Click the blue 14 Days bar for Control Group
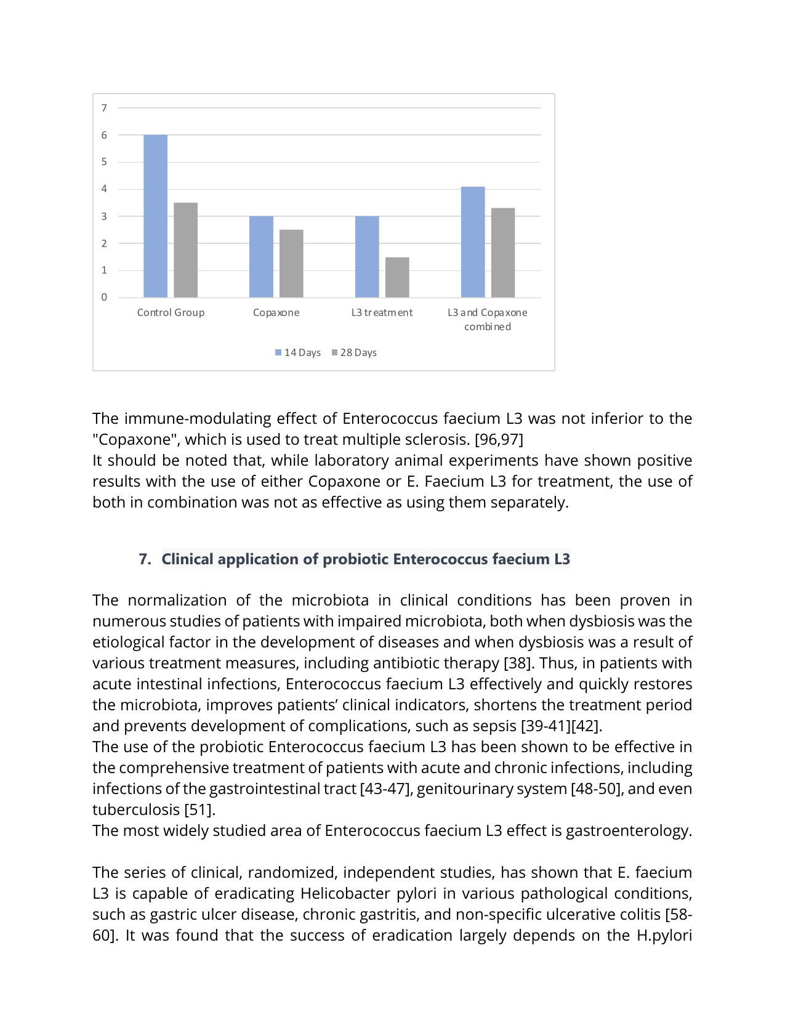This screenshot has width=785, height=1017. pyautogui.click(x=155, y=216)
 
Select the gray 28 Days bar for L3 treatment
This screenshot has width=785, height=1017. pyautogui.click(x=397, y=277)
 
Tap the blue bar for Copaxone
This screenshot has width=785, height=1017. pyautogui.click(x=261, y=256)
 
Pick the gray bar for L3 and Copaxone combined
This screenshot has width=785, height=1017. pyautogui.click(x=503, y=253)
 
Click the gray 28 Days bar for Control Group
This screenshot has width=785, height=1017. pyautogui.click(x=185, y=249)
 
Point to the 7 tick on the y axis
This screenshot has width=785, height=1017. pyautogui.click(x=104, y=108)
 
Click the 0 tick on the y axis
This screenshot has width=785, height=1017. pyautogui.click(x=104, y=297)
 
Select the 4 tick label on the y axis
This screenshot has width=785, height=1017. pyautogui.click(x=104, y=188)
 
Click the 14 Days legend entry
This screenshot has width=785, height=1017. pyautogui.click(x=298, y=352)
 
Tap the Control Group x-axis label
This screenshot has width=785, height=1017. pyautogui.click(x=171, y=312)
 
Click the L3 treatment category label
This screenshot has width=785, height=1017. pyautogui.click(x=382, y=312)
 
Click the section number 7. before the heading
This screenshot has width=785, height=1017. pyautogui.click(x=145, y=559)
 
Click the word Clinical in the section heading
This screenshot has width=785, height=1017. pyautogui.click(x=187, y=559)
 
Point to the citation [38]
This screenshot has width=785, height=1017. pyautogui.click(x=514, y=663)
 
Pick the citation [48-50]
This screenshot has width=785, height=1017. pyautogui.click(x=597, y=788)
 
